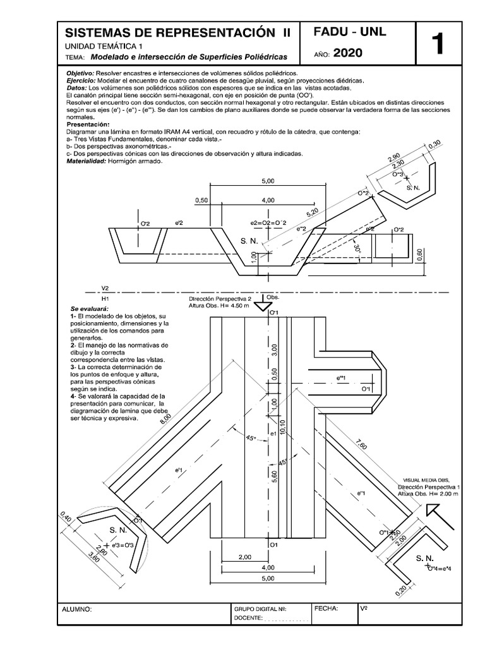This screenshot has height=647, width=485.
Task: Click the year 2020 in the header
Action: [347, 54]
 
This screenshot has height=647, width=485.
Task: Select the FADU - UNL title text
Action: [349, 32]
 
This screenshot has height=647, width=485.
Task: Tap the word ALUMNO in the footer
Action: [78, 610]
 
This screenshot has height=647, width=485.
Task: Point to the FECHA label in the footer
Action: [326, 608]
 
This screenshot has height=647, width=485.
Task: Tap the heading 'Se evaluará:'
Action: [90, 308]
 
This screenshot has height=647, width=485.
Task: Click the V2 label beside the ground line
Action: [105, 288]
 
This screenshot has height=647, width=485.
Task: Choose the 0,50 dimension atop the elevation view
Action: [201, 200]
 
